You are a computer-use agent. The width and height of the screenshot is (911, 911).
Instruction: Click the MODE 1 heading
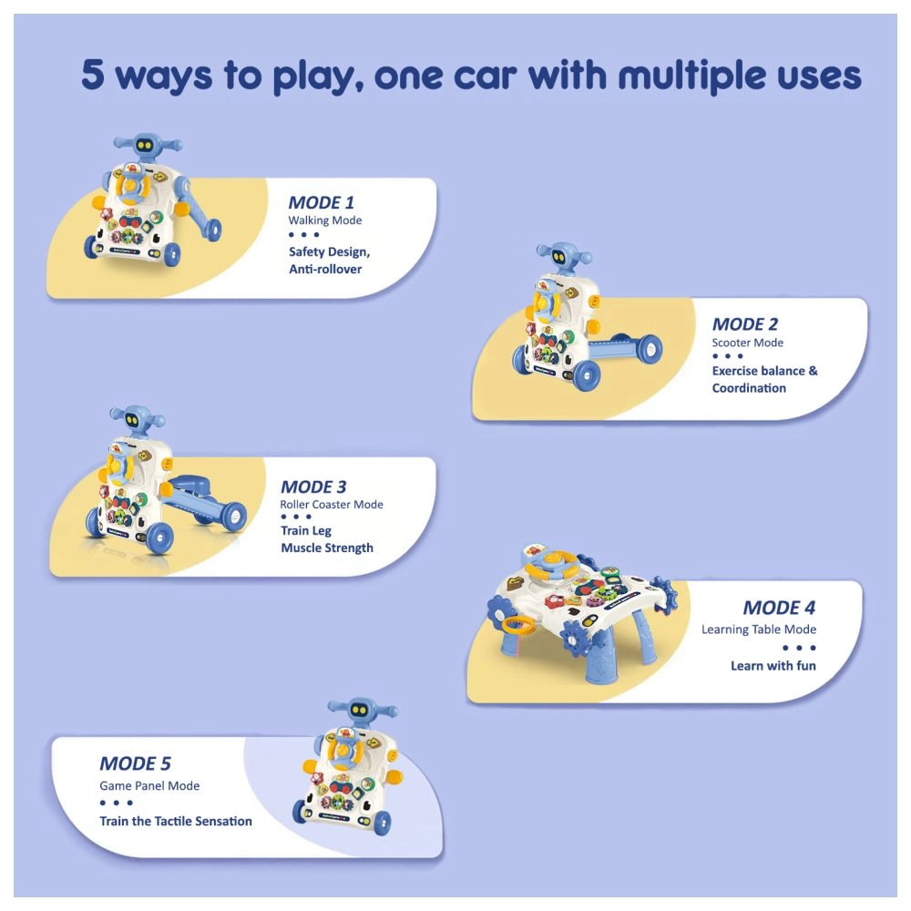(x=321, y=202)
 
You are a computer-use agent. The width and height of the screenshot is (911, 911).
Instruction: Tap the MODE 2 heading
(x=744, y=323)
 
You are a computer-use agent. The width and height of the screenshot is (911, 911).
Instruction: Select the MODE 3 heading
(x=313, y=486)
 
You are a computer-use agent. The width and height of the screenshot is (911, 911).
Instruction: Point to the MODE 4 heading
(x=778, y=608)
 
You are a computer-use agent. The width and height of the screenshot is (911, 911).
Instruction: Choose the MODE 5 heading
(x=135, y=763)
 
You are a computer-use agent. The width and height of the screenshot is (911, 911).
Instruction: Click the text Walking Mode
(x=324, y=220)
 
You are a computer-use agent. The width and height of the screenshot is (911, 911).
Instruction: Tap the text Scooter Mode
(x=747, y=343)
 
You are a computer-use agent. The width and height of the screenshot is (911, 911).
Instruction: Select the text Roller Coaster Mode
(x=332, y=505)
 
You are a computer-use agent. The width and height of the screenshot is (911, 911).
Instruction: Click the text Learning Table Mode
(x=758, y=630)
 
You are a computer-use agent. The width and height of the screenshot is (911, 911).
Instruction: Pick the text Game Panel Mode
(x=149, y=785)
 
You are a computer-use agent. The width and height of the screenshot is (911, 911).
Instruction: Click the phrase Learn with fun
(x=773, y=666)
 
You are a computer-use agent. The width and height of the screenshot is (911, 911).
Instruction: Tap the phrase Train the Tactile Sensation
(x=176, y=821)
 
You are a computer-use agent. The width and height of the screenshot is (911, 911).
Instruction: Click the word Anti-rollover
(x=324, y=269)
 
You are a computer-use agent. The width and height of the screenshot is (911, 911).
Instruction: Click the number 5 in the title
(x=93, y=75)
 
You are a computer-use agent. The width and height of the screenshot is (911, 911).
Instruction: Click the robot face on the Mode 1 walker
(x=143, y=144)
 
